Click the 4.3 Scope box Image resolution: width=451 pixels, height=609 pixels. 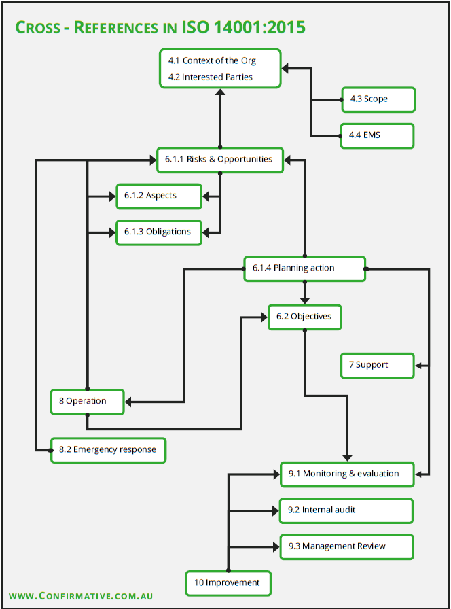click(378, 100)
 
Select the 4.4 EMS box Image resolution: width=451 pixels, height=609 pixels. click(377, 136)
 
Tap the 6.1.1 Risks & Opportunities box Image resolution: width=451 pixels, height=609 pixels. click(220, 160)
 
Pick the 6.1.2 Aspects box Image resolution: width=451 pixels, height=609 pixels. click(159, 196)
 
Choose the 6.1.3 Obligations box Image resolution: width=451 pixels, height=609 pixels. click(159, 232)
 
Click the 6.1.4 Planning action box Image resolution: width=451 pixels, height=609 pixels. click(305, 268)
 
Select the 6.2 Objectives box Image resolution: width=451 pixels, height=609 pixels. click(305, 317)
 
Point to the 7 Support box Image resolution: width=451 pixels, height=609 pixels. click(378, 366)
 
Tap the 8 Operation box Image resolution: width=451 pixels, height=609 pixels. click(88, 402)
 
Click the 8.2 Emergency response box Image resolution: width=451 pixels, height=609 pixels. click(108, 451)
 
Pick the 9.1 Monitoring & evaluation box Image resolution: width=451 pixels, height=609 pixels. click(347, 474)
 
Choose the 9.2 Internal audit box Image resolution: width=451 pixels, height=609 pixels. click(346, 510)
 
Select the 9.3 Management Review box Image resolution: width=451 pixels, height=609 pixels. click(347, 547)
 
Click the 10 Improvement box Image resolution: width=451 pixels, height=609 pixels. click(228, 583)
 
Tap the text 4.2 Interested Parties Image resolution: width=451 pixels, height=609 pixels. click(211, 77)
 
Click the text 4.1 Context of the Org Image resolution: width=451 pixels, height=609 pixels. click(212, 60)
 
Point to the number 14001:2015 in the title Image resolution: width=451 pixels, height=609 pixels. click(259, 27)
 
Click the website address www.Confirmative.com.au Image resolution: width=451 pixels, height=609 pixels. click(81, 596)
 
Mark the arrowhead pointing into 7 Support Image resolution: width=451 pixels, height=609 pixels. click(418, 366)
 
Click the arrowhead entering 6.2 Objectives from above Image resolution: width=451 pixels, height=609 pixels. click(305, 300)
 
